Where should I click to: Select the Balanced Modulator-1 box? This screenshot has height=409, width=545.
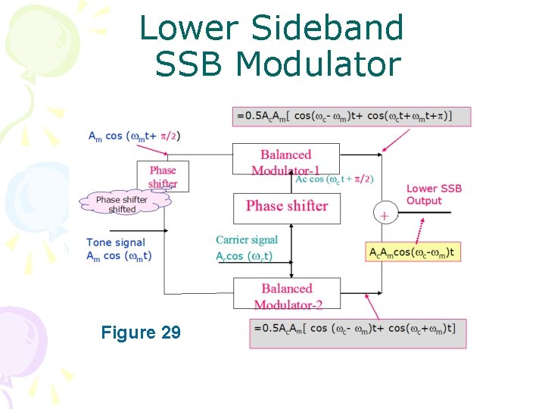[x=286, y=159]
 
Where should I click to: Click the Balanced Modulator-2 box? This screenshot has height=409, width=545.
[x=286, y=294]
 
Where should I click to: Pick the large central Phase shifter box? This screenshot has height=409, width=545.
[x=287, y=206]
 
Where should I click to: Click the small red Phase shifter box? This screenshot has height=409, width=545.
[x=163, y=176]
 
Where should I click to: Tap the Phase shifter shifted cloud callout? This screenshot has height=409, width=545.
[x=122, y=204]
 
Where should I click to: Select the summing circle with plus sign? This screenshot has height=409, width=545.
[x=385, y=215]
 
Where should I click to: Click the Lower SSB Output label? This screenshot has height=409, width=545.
[x=434, y=195]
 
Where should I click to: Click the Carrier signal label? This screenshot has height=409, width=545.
[x=247, y=240]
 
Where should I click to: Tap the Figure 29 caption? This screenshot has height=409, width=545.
[x=141, y=332]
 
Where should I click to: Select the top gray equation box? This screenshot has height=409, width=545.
[x=352, y=116]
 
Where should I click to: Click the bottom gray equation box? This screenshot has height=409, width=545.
[x=357, y=333]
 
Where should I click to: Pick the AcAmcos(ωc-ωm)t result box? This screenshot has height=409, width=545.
[x=413, y=252]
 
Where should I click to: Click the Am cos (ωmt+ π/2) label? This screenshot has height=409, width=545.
[x=135, y=136]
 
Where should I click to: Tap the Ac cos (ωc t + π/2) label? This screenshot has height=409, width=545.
[x=334, y=179]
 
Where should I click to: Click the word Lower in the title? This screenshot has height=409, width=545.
[x=187, y=29]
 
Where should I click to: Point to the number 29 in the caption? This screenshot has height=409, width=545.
[x=171, y=332]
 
